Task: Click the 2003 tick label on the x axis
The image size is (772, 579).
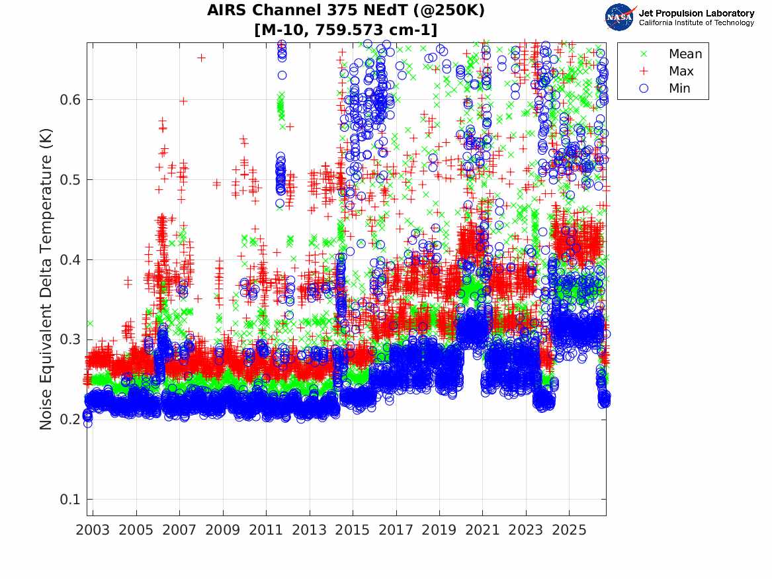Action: [x=93, y=530]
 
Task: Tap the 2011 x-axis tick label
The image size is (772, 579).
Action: [x=266, y=530]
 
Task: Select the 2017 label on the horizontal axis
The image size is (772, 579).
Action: [x=396, y=530]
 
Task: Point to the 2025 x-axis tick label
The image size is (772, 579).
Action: [x=569, y=530]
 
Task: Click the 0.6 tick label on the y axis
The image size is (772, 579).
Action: [x=70, y=100]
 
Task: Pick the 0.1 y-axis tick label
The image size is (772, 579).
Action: [x=70, y=499]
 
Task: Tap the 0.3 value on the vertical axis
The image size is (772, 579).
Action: [x=70, y=339]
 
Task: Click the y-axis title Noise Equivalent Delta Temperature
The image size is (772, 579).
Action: [x=46, y=279]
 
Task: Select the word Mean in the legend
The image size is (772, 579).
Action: [x=685, y=54]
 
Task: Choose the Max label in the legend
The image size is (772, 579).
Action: [x=681, y=71]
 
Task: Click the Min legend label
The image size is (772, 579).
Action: [x=679, y=88]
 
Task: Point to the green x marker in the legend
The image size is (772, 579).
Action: [x=643, y=54]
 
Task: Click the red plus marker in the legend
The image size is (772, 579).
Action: [x=643, y=71]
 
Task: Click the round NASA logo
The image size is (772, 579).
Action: [x=619, y=17]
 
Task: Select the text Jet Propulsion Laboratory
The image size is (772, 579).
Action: [x=696, y=13]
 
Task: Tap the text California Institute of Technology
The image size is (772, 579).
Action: [x=696, y=22]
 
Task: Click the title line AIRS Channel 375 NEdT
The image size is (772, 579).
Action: [x=345, y=10]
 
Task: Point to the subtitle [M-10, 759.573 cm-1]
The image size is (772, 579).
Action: [x=345, y=30]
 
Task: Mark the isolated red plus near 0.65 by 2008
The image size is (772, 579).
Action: [x=201, y=58]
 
